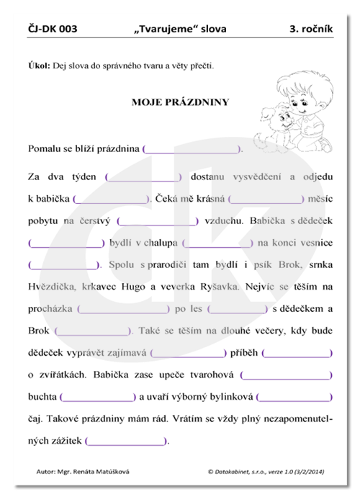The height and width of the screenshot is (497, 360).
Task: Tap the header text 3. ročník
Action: point(310,30)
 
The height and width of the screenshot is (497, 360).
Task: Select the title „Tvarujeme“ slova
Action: point(180,30)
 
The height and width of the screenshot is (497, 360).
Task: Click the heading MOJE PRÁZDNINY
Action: point(180,102)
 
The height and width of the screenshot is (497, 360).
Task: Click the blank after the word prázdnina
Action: point(192,149)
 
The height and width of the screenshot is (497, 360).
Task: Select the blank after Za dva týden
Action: point(144,176)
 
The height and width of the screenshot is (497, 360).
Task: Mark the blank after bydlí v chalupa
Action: point(217,243)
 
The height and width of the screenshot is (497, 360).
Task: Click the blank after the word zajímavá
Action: point(196,353)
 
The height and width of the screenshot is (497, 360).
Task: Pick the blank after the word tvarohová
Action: point(286,375)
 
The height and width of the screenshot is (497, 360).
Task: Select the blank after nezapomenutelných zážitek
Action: point(126,440)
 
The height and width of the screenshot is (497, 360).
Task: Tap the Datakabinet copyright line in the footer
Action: point(265,472)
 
